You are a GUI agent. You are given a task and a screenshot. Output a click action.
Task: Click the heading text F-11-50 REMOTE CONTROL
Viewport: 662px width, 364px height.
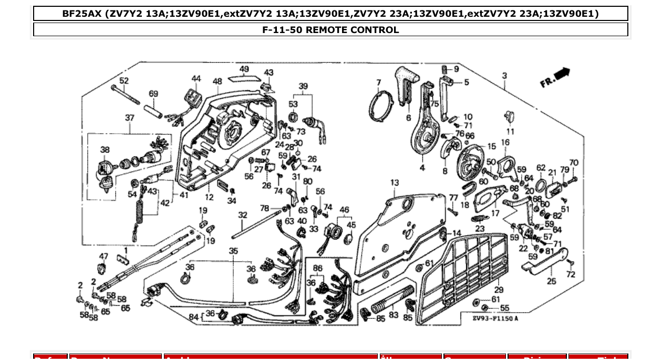330,30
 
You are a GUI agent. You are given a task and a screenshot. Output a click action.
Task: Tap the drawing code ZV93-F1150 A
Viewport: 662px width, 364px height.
494,318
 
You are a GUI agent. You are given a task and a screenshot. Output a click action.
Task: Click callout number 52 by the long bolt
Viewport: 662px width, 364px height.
124,81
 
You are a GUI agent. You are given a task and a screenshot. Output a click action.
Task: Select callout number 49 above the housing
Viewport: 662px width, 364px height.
244,69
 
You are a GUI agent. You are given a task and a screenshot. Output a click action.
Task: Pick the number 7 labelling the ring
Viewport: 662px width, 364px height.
378,82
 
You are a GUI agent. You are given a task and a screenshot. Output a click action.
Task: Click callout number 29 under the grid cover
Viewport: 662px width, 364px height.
499,290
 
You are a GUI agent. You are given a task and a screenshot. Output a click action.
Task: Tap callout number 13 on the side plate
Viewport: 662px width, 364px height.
394,183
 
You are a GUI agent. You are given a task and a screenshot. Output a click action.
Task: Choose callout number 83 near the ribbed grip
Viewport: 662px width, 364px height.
394,315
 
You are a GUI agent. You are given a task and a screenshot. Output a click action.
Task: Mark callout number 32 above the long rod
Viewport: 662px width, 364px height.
242,215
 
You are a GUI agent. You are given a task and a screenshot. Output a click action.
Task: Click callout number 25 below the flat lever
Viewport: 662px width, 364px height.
551,281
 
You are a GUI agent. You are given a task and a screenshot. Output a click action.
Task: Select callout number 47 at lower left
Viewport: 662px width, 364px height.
104,256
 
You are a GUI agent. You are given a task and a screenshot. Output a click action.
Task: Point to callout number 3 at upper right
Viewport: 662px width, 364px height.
504,76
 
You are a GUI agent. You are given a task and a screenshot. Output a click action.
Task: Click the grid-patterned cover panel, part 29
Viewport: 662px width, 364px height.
468,273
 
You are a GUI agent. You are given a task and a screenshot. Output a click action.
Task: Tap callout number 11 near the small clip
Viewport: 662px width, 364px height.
510,132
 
